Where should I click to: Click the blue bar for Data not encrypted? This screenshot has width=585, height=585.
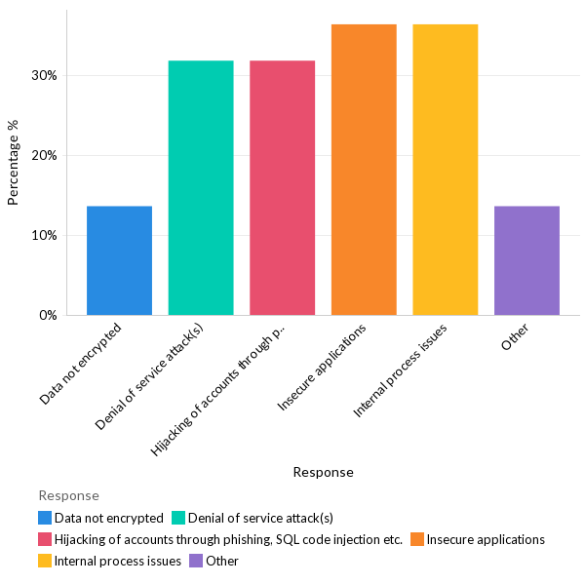pyautogui.click(x=119, y=260)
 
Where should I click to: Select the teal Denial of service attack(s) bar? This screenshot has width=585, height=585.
pyautogui.click(x=201, y=188)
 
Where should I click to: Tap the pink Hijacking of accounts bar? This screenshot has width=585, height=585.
pyautogui.click(x=282, y=188)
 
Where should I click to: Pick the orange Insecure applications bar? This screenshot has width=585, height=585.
pyautogui.click(x=364, y=170)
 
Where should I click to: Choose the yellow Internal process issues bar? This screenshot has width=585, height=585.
pyautogui.click(x=445, y=170)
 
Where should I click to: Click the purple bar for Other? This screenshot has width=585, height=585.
pyautogui.click(x=526, y=260)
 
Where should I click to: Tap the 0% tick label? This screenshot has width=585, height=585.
pyautogui.click(x=49, y=315)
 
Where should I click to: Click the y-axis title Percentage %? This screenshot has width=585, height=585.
pyautogui.click(x=14, y=162)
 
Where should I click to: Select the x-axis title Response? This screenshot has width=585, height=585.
pyautogui.click(x=323, y=472)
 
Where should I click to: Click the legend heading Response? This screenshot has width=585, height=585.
pyautogui.click(x=68, y=495)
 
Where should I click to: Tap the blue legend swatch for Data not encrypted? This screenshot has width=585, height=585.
pyautogui.click(x=45, y=518)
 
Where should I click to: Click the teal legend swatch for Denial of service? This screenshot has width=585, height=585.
pyautogui.click(x=177, y=518)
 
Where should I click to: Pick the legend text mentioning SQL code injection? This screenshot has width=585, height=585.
pyautogui.click(x=228, y=539)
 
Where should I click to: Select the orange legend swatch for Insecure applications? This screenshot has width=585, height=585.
pyautogui.click(x=417, y=539)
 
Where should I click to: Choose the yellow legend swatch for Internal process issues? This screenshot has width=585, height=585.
pyautogui.click(x=45, y=561)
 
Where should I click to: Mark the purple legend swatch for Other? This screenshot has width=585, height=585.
pyautogui.click(x=197, y=561)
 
